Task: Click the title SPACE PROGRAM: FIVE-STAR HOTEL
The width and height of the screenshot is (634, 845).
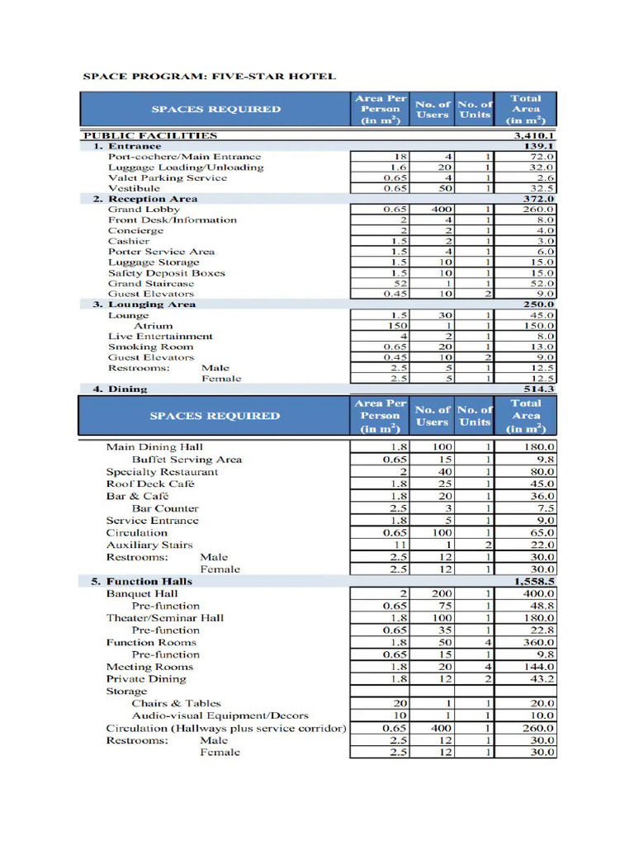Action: click(x=209, y=76)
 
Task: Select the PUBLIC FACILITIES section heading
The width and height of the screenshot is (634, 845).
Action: click(x=149, y=135)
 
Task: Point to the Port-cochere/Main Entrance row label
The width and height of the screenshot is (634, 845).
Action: click(x=184, y=156)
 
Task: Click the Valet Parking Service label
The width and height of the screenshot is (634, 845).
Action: click(x=167, y=177)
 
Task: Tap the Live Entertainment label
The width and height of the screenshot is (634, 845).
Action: click(x=160, y=336)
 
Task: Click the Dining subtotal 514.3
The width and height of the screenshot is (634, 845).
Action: click(x=539, y=389)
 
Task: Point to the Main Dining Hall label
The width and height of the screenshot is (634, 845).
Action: click(x=154, y=447)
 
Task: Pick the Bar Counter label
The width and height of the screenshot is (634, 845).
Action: click(x=165, y=508)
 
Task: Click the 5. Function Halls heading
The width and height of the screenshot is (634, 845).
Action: click(x=141, y=581)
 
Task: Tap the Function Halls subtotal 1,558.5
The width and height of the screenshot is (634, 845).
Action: click(x=534, y=581)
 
